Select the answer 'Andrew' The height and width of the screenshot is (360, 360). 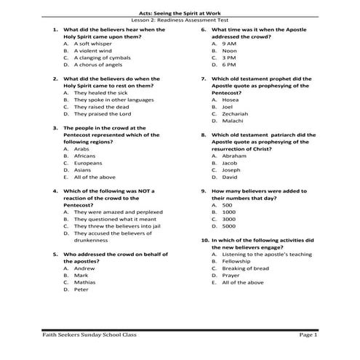tap(85, 268)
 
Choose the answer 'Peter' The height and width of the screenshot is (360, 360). tap(81, 289)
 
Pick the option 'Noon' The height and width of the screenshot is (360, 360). tap(230, 51)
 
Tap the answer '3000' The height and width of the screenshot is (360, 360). tap(229, 218)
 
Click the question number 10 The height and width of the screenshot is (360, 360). tap(204, 240)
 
